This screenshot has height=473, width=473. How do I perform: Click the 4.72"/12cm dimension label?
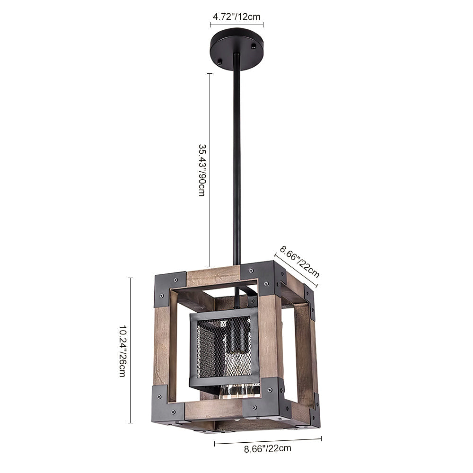236,17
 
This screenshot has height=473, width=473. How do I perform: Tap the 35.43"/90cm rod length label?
201,170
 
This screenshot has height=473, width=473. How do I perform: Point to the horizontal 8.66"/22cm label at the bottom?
268,448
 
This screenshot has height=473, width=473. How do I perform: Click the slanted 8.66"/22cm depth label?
299,261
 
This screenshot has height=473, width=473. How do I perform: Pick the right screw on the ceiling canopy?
253,46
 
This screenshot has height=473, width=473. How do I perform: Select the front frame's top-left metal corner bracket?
169,289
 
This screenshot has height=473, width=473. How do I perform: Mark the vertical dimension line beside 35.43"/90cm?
210,170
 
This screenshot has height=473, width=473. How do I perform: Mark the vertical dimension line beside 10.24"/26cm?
131,350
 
